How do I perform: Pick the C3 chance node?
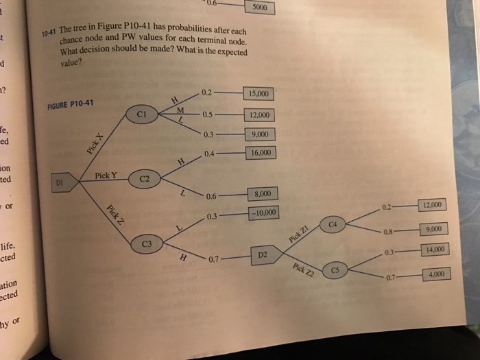146,244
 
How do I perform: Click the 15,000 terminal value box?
261,94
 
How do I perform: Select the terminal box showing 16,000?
261,153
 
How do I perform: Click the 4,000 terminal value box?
436,275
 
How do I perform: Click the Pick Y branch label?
106,176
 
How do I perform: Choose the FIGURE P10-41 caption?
70,105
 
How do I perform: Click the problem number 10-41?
47,33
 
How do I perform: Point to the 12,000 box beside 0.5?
261,115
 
